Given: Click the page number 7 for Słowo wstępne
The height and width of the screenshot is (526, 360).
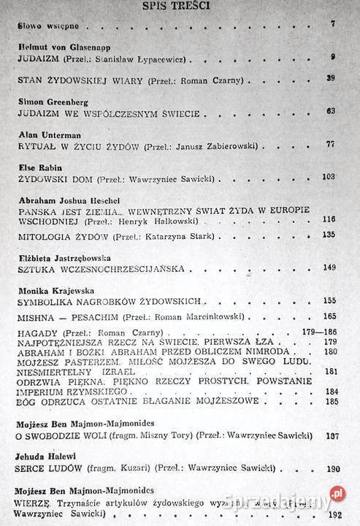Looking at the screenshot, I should coord(332,25).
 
